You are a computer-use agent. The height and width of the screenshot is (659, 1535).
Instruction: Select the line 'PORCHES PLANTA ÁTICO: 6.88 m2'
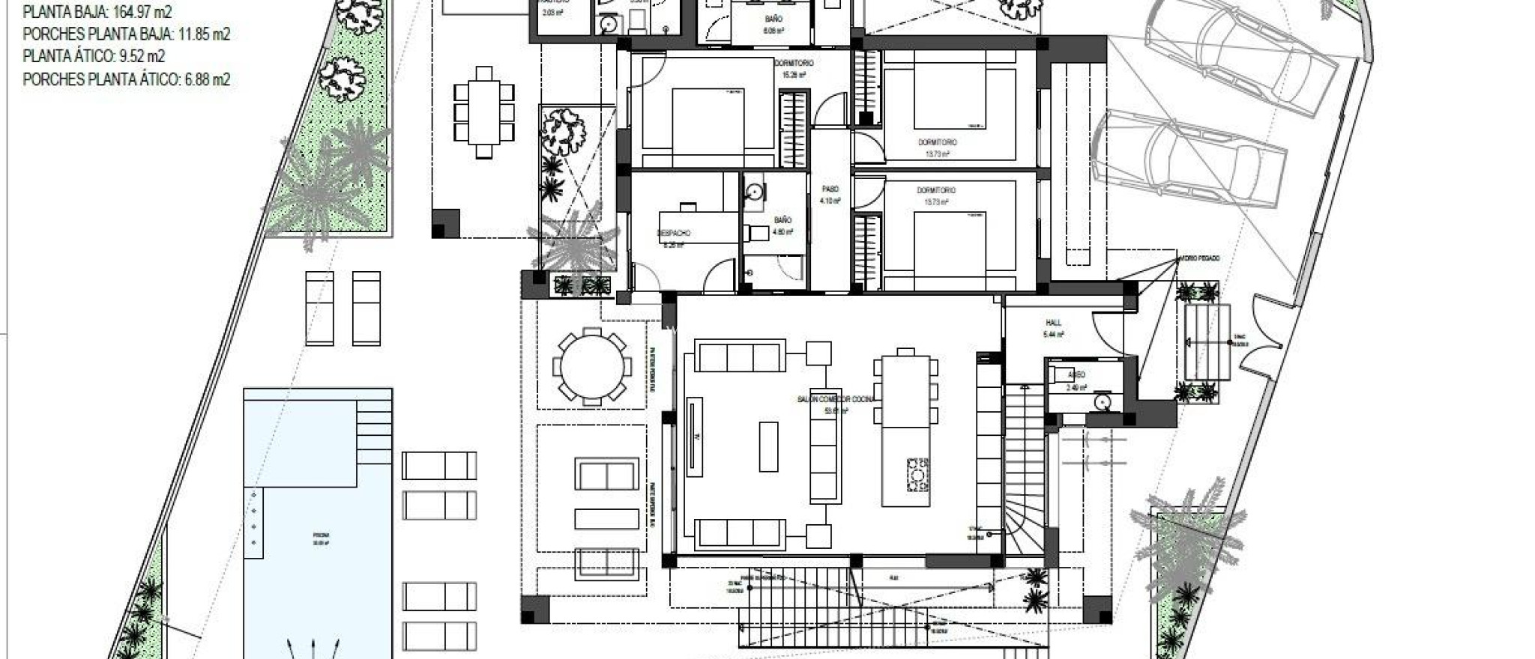[126, 79]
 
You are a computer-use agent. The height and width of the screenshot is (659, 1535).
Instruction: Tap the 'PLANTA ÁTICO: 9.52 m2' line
[94, 57]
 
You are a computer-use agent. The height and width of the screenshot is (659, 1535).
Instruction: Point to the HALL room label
[1053, 324]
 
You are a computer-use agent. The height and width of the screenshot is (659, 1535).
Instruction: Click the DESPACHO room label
[674, 234]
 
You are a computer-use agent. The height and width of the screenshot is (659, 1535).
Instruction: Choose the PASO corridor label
[830, 189]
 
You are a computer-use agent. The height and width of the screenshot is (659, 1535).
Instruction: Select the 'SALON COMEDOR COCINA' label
[836, 400]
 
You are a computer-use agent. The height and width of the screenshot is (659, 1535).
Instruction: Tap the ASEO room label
[1076, 374]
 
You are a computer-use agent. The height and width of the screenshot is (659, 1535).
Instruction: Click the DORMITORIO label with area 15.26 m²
[794, 64]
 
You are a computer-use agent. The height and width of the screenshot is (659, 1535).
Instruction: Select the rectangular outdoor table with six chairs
[484, 112]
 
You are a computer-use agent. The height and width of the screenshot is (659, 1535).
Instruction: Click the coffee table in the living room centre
[768, 446]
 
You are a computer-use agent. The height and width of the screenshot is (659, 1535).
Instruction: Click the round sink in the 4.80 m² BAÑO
[754, 192]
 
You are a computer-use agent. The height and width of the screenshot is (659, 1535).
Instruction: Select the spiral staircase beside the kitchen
[1024, 517]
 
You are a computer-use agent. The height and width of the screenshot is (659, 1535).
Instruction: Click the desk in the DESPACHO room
[700, 221]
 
